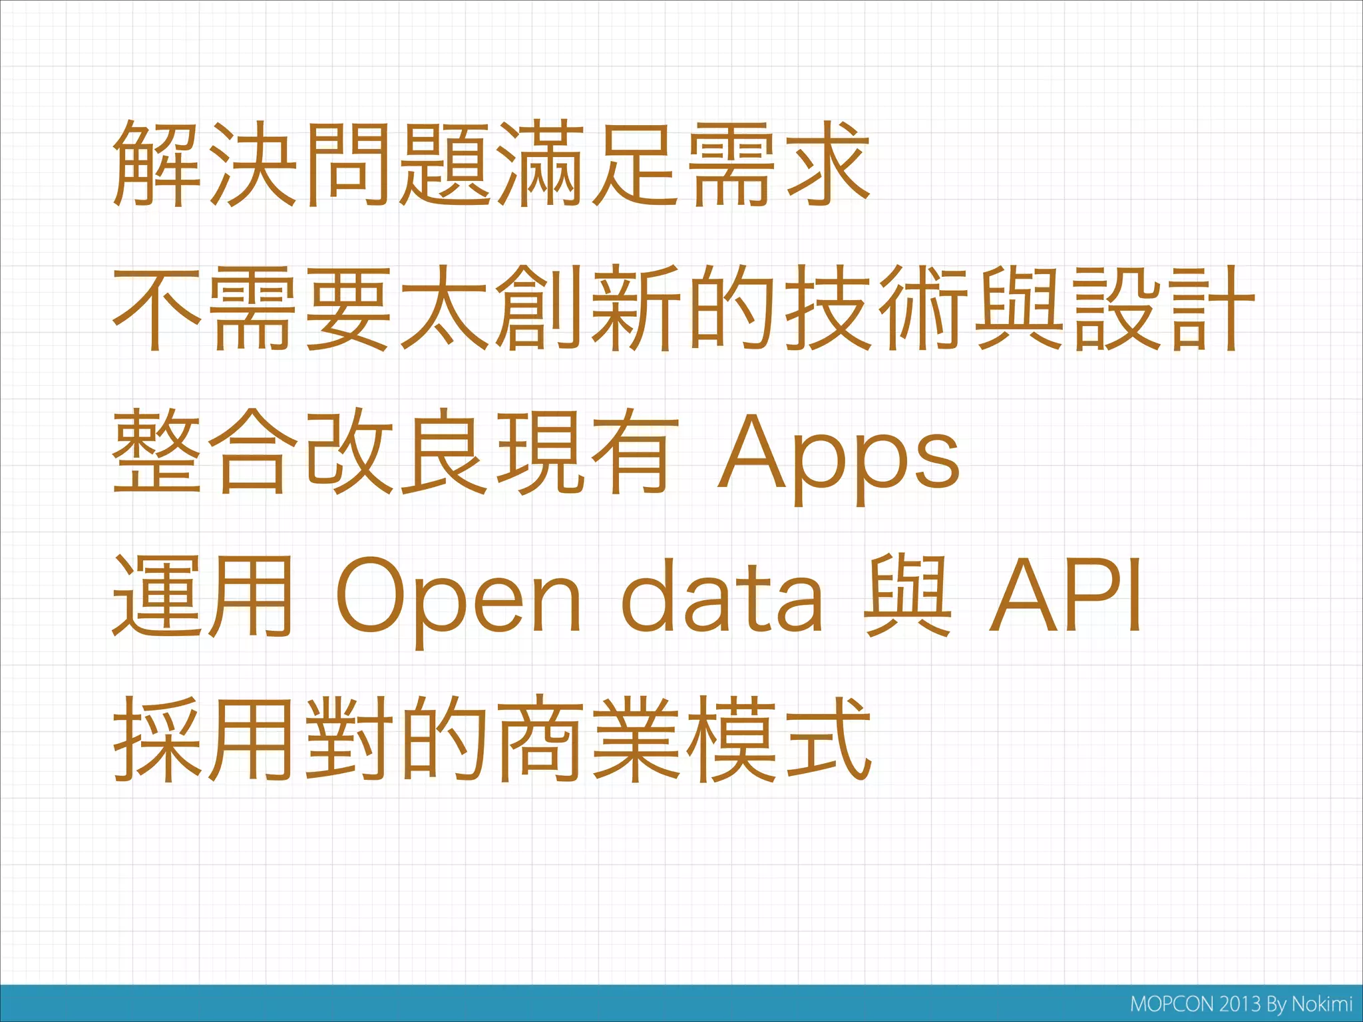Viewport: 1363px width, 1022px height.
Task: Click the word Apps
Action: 839,456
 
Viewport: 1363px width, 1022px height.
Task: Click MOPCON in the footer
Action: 1173,1004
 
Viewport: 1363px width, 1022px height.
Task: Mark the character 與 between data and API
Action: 906,597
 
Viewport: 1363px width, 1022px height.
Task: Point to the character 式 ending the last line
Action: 827,740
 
